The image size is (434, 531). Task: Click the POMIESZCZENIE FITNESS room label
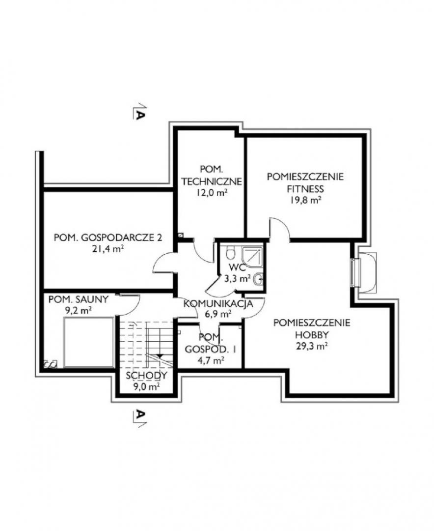pos(305,182)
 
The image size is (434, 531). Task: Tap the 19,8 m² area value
pos(305,200)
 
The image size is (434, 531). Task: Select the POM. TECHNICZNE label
pos(212,175)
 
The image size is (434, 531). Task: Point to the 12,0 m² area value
pos(211,193)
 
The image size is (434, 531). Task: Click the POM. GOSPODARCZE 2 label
pos(108,237)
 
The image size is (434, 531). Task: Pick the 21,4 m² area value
pos(108,249)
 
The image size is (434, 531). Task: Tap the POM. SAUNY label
pos(79,299)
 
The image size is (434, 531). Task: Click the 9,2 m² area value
pos(79,311)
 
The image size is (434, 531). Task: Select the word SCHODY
pos(146,375)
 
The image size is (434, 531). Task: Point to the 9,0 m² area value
pos(146,387)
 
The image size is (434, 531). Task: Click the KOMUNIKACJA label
pos(218,303)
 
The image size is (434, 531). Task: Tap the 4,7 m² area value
pos(210,360)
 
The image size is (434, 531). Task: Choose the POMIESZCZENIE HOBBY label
pos(312,328)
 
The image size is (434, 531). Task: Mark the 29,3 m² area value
pos(312,347)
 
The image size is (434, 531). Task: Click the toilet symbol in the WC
pos(231,252)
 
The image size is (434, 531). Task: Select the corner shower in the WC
pos(253,255)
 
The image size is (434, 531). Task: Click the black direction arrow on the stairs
pos(161,356)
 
